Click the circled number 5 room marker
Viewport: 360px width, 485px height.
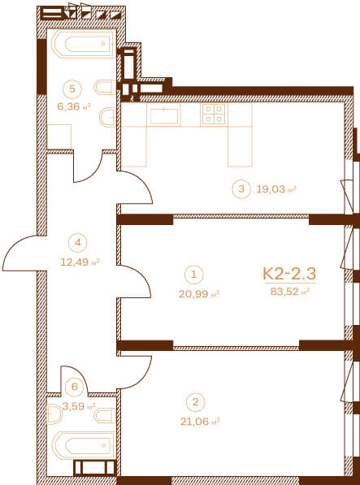click(x=72, y=89)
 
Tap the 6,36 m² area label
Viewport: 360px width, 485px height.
click(x=74, y=107)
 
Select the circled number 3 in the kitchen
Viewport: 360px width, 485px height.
click(x=241, y=188)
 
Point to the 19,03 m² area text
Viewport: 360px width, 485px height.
click(x=276, y=189)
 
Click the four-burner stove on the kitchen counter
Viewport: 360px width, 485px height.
click(x=214, y=114)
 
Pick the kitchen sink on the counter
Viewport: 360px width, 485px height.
click(x=164, y=115)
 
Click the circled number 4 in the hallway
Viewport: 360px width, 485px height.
click(x=78, y=242)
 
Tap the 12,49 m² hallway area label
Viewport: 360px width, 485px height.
click(x=80, y=262)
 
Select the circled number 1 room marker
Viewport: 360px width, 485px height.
click(x=193, y=275)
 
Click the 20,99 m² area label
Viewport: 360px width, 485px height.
click(x=199, y=294)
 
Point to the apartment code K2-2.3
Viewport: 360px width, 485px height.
click(x=289, y=274)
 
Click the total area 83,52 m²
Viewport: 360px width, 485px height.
click(x=290, y=292)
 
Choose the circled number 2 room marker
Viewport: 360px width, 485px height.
click(x=195, y=402)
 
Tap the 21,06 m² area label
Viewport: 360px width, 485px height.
click(x=200, y=421)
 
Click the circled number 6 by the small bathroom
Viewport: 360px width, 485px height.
click(x=75, y=387)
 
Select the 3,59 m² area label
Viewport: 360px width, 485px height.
click(x=79, y=406)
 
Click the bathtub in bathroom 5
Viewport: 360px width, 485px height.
click(x=84, y=44)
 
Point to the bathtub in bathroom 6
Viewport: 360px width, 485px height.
click(x=84, y=445)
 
